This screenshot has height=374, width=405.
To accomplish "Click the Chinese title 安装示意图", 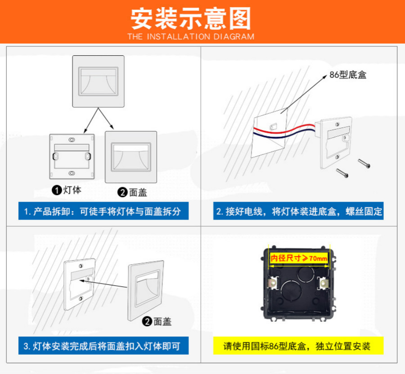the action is (191, 18).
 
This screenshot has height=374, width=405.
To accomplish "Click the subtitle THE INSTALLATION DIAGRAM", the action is (191, 36).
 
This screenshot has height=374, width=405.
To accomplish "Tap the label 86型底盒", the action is (348, 75).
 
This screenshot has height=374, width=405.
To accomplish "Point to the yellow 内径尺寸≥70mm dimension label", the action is (299, 258).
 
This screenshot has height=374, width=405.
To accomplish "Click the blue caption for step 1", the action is (103, 211).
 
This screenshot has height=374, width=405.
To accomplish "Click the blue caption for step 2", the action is (298, 211).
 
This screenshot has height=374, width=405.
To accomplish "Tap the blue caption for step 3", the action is (103, 346).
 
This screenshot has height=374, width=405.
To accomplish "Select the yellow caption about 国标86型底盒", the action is (298, 346).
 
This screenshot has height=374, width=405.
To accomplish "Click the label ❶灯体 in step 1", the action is (67, 190).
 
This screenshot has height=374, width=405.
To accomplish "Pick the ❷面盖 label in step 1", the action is (132, 193).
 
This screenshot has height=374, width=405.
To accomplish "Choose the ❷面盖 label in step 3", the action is (157, 321).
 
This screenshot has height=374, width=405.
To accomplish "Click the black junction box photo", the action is (299, 284).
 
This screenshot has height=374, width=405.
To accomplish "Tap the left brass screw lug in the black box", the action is (273, 284).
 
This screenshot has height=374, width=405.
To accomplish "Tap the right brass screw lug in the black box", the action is (324, 283).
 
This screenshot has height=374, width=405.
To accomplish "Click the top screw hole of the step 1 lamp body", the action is (72, 140).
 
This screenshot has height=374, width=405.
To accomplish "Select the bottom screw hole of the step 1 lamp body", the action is (72, 173).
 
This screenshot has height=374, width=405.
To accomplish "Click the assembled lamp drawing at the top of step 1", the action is (99, 81).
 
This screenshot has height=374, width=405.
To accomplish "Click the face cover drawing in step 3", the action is (146, 291).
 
